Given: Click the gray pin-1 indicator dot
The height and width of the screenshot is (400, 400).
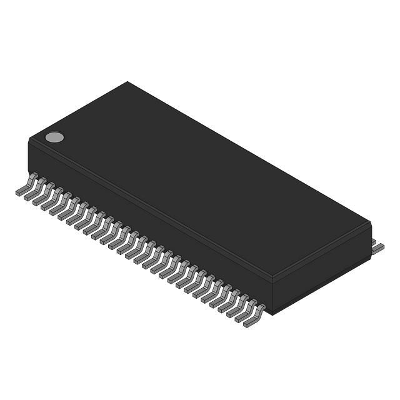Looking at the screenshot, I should (55, 137).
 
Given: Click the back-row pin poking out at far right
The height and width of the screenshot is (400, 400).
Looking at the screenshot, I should (377, 247).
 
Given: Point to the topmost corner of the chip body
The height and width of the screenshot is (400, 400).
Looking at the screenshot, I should (128, 82).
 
